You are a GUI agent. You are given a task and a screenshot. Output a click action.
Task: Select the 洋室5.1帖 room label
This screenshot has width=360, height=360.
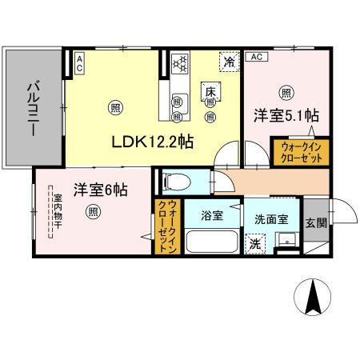(287, 114)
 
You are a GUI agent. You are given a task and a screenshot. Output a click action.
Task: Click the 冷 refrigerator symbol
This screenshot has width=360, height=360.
(229, 61)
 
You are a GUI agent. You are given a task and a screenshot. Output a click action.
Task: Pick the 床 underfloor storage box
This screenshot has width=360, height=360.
(211, 91)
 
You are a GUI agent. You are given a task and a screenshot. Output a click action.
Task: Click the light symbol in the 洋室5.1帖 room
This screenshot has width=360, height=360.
(285, 91)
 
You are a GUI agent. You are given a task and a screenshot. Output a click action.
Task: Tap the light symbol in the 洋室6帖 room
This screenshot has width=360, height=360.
(94, 211)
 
